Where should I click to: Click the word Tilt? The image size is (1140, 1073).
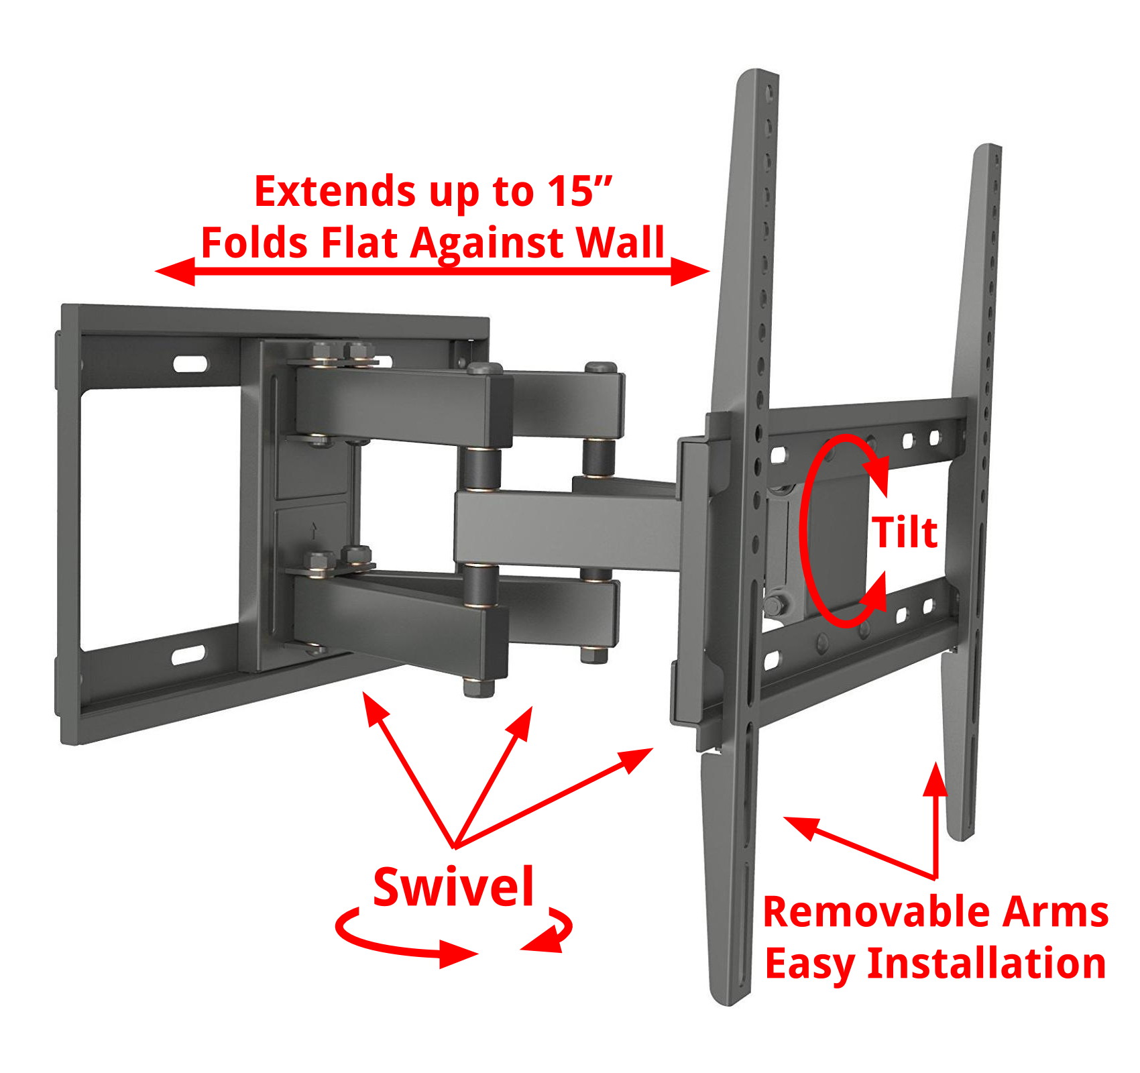[904, 533]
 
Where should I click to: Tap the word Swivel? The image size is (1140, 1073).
[453, 887]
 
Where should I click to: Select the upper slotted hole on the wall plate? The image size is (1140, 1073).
[190, 364]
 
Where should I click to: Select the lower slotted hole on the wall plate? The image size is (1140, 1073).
[188, 655]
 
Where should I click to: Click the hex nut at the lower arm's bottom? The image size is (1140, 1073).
[478, 687]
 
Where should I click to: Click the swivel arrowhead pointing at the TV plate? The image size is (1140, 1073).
[637, 758]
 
